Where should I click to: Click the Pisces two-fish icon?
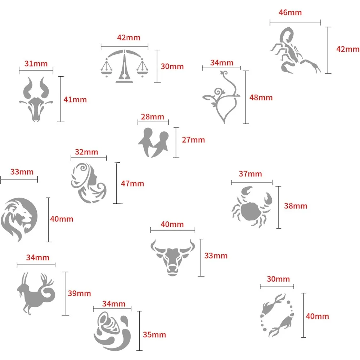coord(278,315)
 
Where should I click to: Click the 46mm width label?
coord(290,12)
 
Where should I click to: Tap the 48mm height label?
coord(261,97)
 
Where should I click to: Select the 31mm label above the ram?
coord(36,64)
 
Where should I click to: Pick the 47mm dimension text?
coord(132,183)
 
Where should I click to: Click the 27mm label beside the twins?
coord(193,140)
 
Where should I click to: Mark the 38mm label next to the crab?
coord(296,206)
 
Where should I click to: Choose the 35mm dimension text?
coord(154,334)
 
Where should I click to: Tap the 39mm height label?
coord(79,293)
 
